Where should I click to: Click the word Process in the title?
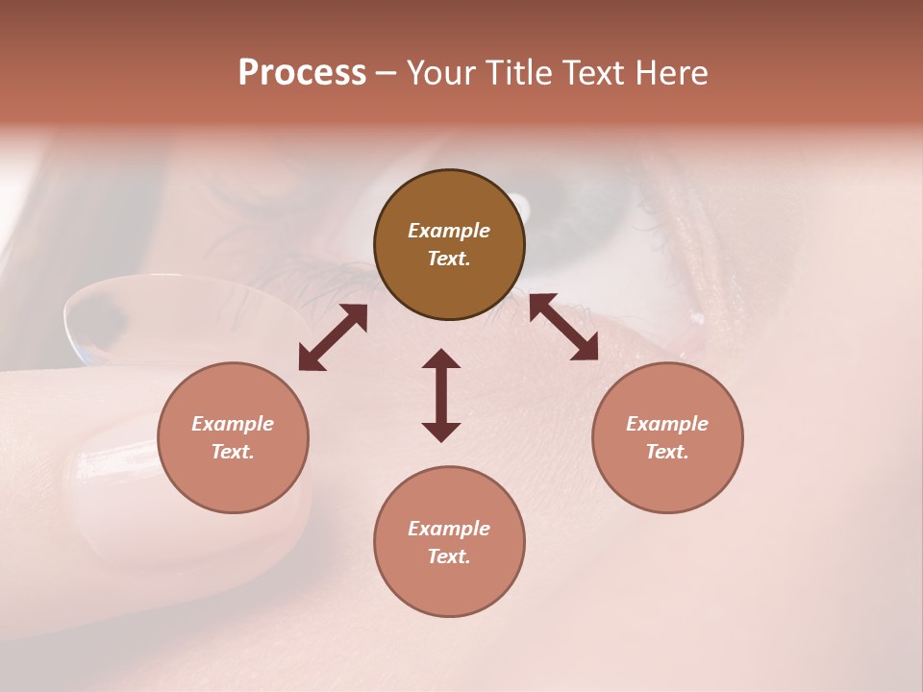pos(302,73)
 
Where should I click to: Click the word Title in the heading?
pos(515,73)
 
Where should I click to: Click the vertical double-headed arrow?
pos(441,395)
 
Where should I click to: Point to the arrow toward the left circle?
pos(333,337)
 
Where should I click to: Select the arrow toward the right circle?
pos(563,327)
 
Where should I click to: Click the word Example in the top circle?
pos(449,231)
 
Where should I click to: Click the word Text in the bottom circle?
pos(448,556)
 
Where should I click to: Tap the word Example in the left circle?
pos(233,424)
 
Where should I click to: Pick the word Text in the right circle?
pos(666,452)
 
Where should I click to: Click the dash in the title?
pos(386,73)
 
